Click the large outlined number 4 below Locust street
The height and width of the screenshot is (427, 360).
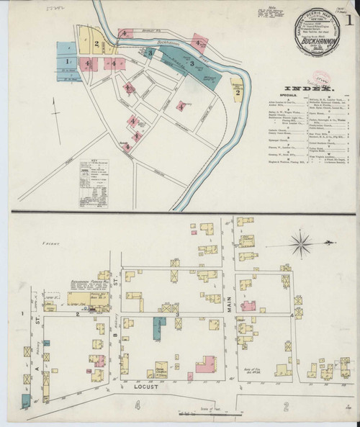135,407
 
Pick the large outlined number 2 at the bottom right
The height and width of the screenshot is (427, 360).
286,407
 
